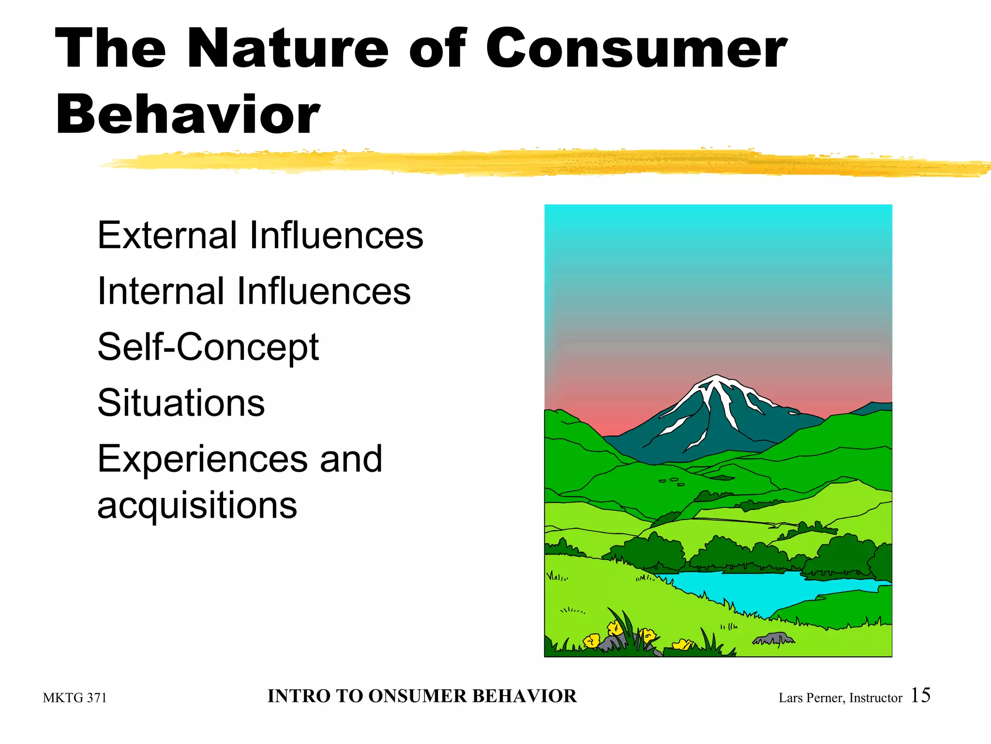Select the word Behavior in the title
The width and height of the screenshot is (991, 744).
(188, 115)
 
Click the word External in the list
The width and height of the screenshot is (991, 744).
(166, 235)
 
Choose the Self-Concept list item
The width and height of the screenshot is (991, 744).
(208, 348)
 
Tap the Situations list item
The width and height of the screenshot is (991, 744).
(181, 403)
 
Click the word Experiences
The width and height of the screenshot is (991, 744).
(202, 459)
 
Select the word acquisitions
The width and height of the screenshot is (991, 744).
(197, 505)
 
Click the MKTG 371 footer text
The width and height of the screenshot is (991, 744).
(75, 698)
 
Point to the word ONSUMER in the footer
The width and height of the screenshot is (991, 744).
(418, 696)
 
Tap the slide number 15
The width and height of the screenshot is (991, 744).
(920, 695)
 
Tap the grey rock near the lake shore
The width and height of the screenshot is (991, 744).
(774, 639)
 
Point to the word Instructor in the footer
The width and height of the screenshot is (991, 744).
(876, 698)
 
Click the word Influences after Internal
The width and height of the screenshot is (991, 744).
(324, 291)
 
